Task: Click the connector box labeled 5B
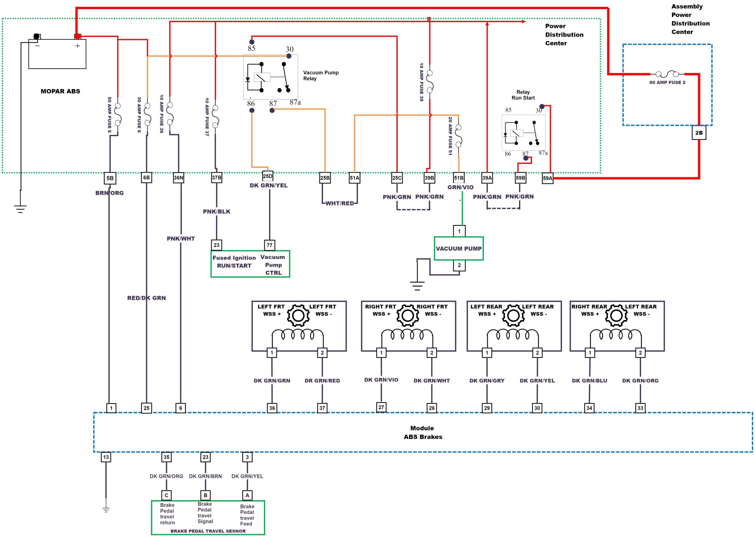110,178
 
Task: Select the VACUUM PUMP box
459,249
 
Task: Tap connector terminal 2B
699,133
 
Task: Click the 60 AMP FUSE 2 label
667,83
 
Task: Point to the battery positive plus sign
77,46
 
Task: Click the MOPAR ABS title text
60,91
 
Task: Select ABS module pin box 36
272,408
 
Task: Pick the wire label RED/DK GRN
146,298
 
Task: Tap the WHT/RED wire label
340,203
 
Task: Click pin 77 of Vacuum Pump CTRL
269,245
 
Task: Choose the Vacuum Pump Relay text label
321,76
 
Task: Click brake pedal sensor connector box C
166,495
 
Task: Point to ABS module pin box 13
106,457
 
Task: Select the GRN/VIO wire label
460,187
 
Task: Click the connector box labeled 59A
547,178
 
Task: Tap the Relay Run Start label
523,95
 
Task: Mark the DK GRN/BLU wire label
589,381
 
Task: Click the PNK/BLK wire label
216,211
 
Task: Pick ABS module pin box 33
640,408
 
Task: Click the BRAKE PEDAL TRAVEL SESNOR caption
208,531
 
